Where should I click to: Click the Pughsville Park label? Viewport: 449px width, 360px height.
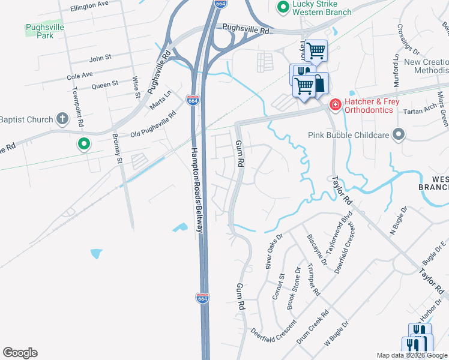40,31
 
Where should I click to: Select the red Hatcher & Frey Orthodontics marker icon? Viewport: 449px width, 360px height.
335,105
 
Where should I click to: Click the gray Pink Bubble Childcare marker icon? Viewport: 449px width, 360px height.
397,134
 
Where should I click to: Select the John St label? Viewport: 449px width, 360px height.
100,58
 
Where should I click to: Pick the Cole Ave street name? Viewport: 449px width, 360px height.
80,75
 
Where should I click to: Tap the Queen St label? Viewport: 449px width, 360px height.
104,86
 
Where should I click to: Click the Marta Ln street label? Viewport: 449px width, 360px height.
161,97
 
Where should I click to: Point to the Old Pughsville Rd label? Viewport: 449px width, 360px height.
155,123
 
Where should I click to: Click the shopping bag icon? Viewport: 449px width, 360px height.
319,84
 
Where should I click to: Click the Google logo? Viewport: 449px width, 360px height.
20,353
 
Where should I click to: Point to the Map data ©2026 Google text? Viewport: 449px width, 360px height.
412,355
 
